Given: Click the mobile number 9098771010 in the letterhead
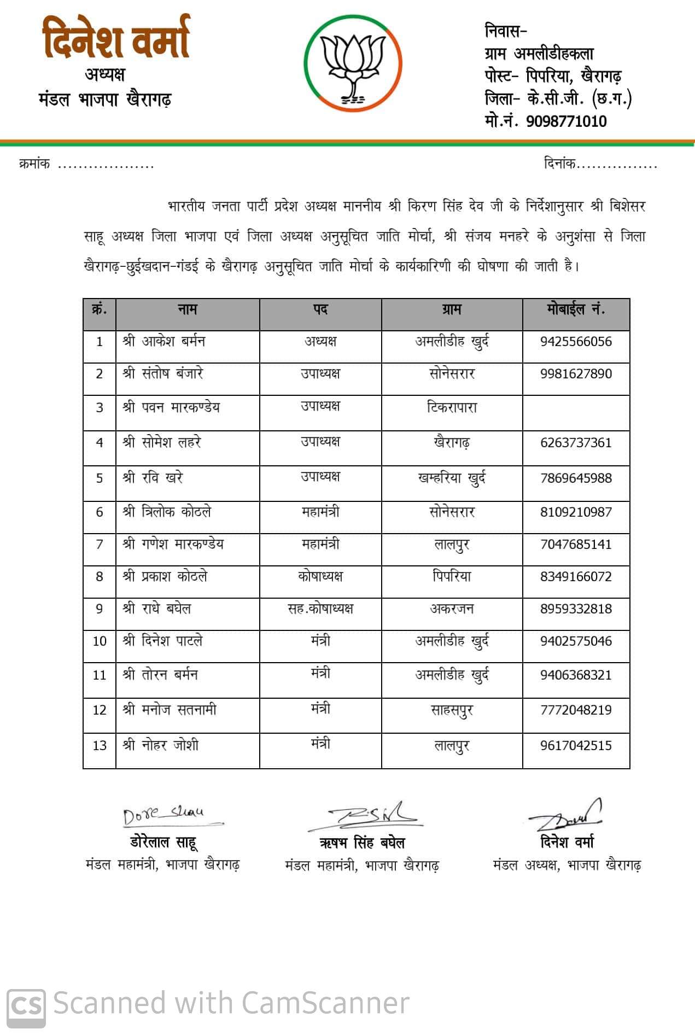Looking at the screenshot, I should tap(566, 121).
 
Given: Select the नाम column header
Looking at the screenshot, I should tap(187, 310).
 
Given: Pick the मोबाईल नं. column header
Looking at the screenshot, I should tap(576, 310).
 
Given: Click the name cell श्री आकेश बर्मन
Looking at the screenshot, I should tap(164, 342).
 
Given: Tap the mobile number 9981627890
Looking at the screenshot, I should tap(576, 374).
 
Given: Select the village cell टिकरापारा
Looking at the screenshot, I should tap(452, 408).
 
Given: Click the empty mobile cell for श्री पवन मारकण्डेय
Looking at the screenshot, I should tap(576, 413).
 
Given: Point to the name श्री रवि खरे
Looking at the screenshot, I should tap(153, 478).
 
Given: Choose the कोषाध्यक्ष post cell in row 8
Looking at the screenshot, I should tap(320, 576).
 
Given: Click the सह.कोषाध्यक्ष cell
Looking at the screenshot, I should tap(320, 609).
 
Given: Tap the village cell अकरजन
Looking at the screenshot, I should tap(452, 609).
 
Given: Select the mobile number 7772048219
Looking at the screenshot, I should tap(576, 710).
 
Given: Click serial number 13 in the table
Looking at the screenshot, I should tap(100, 746).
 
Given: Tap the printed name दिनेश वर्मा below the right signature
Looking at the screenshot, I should tap(566, 842).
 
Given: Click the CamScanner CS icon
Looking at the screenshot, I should tap(26, 1004).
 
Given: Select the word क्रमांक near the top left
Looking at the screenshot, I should tap(34, 163).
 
